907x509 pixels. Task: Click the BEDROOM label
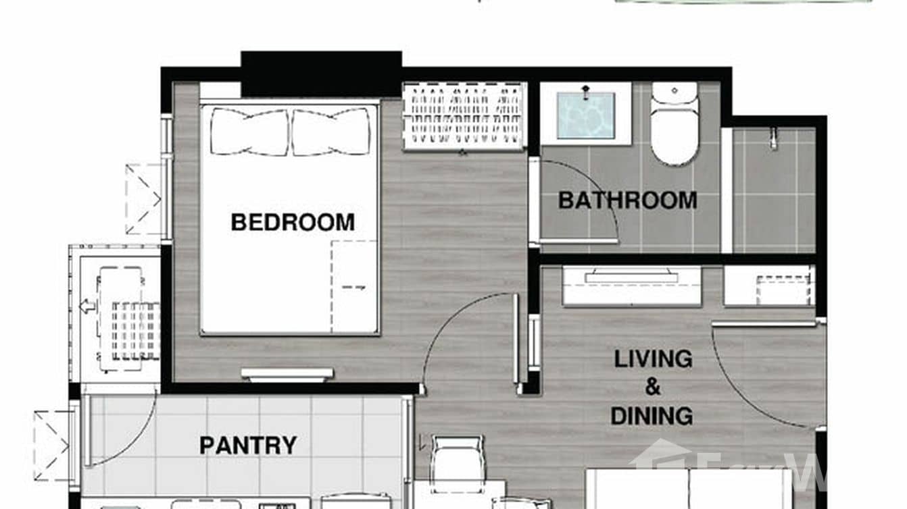(x=292, y=222)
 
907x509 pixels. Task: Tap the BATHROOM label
(x=627, y=200)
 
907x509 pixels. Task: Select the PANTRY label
(x=247, y=446)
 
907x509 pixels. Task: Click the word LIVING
(x=653, y=359)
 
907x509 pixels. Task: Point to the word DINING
(x=652, y=416)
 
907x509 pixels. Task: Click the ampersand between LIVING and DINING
(x=652, y=387)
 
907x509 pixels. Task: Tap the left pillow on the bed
(x=249, y=132)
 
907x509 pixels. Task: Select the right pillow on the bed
(x=331, y=132)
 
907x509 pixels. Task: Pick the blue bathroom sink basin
(x=585, y=115)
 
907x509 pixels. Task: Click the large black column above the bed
(x=321, y=74)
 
